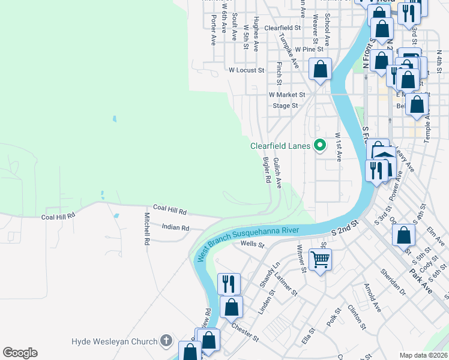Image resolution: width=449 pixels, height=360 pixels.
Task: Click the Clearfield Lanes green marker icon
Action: click(321, 145)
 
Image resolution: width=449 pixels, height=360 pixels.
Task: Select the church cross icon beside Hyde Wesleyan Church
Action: click(166, 341)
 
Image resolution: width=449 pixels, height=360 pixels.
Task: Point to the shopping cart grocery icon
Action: click(321, 260)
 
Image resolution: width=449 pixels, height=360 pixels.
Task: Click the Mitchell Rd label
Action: click(146, 229)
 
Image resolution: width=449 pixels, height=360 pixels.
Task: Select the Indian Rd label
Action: click(175, 227)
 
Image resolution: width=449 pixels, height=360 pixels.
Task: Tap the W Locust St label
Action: click(246, 70)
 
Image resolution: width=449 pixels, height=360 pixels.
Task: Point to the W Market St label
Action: click(287, 94)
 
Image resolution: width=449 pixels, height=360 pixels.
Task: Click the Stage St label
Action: click(285, 106)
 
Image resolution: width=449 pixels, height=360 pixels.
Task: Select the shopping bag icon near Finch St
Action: click(321, 69)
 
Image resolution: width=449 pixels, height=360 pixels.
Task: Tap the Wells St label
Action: click(252, 244)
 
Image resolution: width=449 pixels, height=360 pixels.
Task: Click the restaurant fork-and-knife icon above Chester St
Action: click(229, 283)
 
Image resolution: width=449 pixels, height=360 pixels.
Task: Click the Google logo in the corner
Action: click(20, 353)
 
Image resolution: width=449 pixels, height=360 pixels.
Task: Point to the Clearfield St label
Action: click(282, 28)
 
